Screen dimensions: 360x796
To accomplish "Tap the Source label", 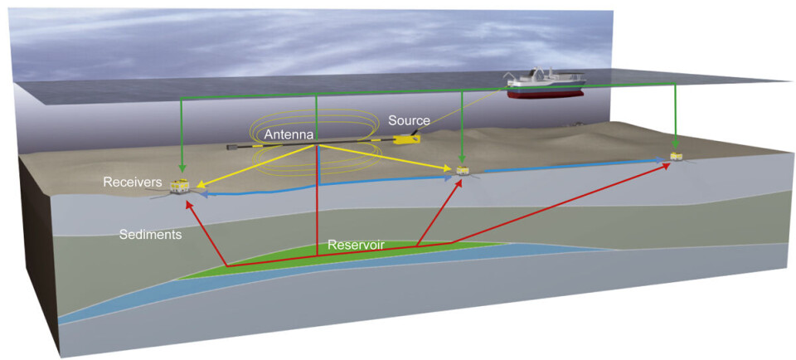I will [x=410, y=120].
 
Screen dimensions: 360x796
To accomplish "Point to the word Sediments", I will [x=150, y=236].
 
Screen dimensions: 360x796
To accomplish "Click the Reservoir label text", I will [x=353, y=246].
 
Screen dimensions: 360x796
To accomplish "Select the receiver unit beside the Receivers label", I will [x=178, y=186].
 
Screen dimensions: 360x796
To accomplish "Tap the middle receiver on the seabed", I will [x=462, y=171].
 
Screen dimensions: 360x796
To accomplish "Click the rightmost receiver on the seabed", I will [x=677, y=157].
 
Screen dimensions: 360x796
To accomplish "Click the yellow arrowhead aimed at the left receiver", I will [x=200, y=184].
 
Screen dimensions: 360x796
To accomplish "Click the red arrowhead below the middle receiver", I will [x=459, y=180].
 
